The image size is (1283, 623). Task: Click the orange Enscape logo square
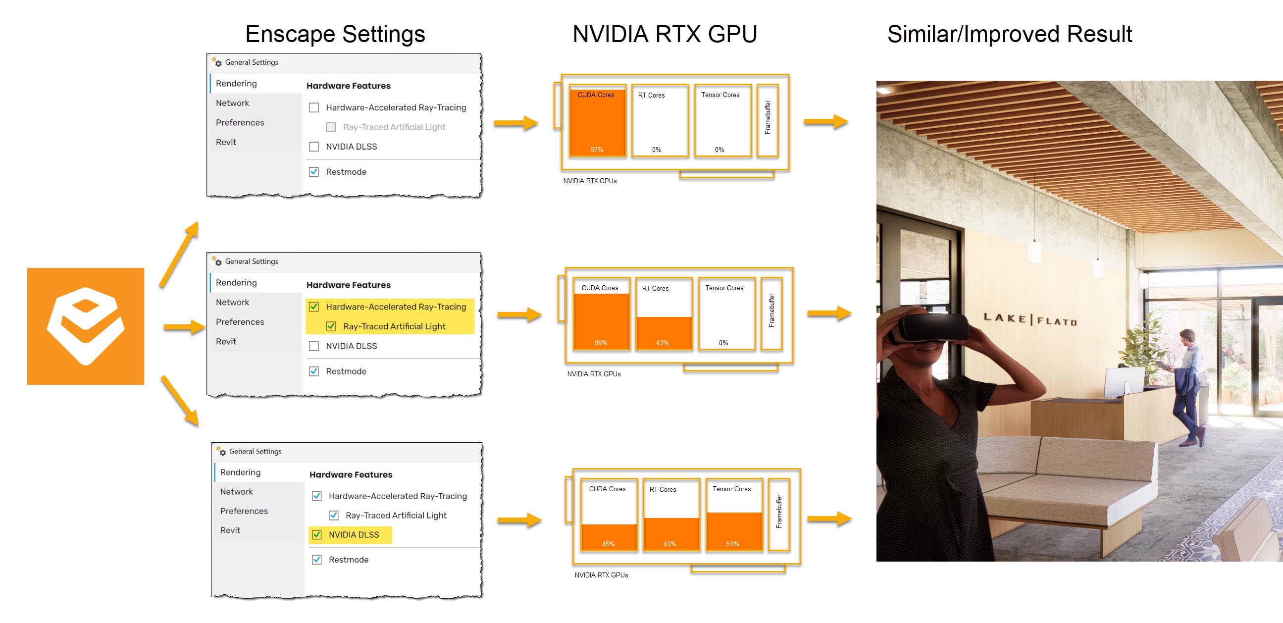pyautogui.click(x=86, y=326)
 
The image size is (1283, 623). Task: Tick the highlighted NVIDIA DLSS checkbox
pyautogui.click(x=317, y=534)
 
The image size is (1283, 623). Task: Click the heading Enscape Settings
pyautogui.click(x=335, y=34)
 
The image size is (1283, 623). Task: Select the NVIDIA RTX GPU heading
pyautogui.click(x=665, y=34)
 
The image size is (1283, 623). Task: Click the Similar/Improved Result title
pyautogui.click(x=1010, y=34)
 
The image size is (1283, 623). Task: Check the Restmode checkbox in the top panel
pyautogui.click(x=314, y=172)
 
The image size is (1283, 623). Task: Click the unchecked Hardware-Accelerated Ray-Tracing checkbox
pyautogui.click(x=314, y=107)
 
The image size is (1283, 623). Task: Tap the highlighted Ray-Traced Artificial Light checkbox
pyautogui.click(x=331, y=326)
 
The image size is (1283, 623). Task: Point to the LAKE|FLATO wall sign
pyautogui.click(x=1030, y=319)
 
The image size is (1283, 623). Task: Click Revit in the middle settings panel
pyautogui.click(x=226, y=342)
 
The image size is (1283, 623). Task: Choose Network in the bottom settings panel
pyautogui.click(x=237, y=492)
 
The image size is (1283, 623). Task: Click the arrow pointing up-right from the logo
pyautogui.click(x=179, y=254)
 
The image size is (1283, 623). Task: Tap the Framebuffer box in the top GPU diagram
pyautogui.click(x=768, y=120)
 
